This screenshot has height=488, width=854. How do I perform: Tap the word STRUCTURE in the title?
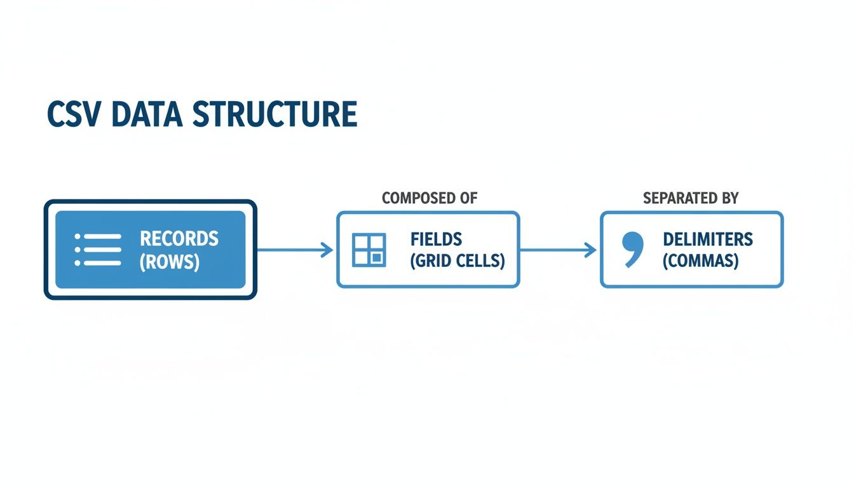(x=274, y=114)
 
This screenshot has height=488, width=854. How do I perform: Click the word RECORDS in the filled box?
(x=179, y=239)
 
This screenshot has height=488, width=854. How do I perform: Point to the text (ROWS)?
(x=170, y=262)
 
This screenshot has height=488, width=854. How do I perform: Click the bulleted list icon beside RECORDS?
(x=98, y=250)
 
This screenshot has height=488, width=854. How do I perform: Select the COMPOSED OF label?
(x=430, y=198)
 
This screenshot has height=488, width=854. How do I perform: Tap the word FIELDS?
(x=436, y=240)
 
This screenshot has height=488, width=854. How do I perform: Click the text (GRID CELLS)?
(x=457, y=261)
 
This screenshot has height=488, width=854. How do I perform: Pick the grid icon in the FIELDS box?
(x=369, y=250)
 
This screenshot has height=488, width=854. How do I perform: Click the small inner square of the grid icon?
(x=377, y=257)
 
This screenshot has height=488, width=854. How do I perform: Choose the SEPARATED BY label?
(x=691, y=198)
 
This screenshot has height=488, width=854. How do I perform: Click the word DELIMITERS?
(x=708, y=240)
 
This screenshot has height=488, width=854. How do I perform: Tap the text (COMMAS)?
(x=700, y=261)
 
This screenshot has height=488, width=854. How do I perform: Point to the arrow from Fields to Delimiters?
(x=558, y=250)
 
